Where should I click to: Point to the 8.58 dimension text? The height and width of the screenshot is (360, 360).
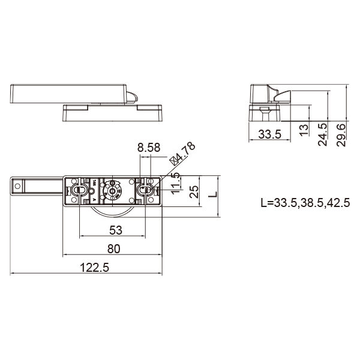coord(148,147)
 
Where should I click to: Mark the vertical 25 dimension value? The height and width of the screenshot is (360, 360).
coord(194,193)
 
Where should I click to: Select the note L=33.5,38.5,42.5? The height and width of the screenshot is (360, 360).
coord(305,202)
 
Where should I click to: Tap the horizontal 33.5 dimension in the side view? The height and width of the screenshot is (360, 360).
coord(269,134)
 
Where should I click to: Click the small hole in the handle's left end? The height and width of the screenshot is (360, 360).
coord(17,187)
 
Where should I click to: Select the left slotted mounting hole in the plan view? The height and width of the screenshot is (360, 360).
coord(78,190)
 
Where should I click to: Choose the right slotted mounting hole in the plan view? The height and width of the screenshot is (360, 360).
coord(144,190)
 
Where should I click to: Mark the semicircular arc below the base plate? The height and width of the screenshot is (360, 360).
coord(112,212)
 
